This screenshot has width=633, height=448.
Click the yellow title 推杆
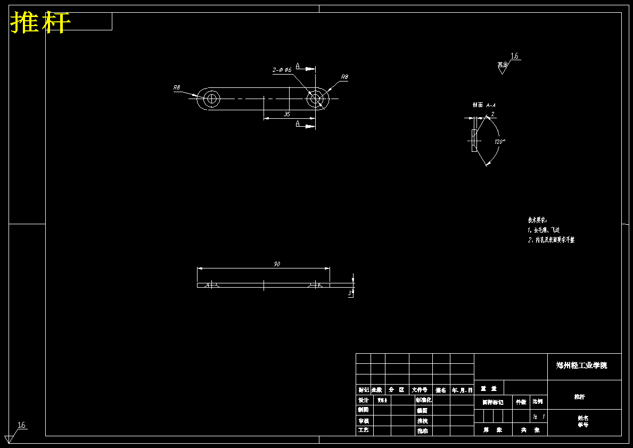coord(40,23)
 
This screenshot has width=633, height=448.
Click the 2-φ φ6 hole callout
coord(282,70)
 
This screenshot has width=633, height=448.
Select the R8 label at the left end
coord(177,87)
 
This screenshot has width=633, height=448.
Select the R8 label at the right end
coord(344,77)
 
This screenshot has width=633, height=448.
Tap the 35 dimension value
coord(287,114)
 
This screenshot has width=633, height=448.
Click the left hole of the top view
coord(211,99)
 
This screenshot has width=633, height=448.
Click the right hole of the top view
coord(315,99)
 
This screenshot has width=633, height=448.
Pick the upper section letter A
coord(298,67)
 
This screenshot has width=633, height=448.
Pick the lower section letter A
coord(298,124)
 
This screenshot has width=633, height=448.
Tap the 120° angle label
coord(499,142)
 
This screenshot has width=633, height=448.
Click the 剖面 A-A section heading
coord(483,105)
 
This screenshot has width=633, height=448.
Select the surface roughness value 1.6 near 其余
coord(514,56)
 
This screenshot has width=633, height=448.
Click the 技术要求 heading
coord(537,219)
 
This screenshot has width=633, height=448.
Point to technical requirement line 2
coord(551,240)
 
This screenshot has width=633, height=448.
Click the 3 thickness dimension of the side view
coord(349,292)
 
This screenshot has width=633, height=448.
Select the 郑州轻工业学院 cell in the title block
coord(581,365)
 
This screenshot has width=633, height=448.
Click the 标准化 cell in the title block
coord(423,400)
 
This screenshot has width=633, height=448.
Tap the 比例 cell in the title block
coord(538,402)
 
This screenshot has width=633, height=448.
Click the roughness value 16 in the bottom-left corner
coord(22,425)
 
